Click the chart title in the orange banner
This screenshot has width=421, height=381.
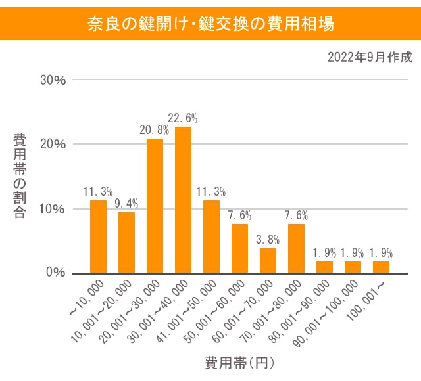[x=210, y=24]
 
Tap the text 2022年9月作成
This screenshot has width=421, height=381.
[x=370, y=57]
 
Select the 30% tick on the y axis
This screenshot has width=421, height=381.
[x=53, y=80]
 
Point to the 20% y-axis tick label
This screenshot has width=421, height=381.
[x=53, y=144]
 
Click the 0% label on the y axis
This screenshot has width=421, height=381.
[x=56, y=272]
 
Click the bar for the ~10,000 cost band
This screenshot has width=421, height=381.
[x=98, y=236]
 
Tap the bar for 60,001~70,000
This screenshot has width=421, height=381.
[x=268, y=260]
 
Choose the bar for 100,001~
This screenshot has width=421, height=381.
[x=381, y=267]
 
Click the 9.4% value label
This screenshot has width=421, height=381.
[x=126, y=203]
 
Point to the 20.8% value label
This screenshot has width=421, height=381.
[x=155, y=130]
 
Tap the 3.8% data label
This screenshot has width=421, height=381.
[x=268, y=239]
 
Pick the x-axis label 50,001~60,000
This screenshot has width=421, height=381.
[x=216, y=309]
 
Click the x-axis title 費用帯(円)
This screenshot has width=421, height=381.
[x=239, y=362]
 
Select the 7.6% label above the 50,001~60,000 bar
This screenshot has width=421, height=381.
[x=239, y=215]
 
